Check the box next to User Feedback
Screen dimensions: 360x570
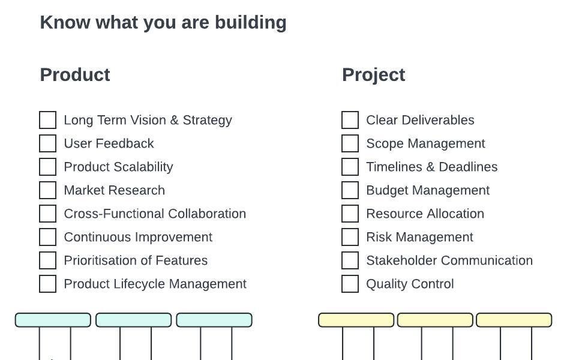[47, 143]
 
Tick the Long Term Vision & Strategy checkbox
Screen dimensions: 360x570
[47, 120]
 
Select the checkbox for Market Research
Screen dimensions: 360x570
[47, 190]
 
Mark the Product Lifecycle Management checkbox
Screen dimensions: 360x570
[47, 284]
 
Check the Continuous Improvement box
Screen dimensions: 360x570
[47, 237]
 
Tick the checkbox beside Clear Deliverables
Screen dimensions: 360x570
[350, 120]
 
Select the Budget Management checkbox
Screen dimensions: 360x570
[350, 190]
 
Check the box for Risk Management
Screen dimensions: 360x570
[350, 237]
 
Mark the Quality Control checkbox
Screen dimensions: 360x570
[350, 284]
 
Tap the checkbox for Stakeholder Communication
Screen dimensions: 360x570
[350, 260]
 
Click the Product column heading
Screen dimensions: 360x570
[75, 75]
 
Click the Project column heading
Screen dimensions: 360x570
[373, 75]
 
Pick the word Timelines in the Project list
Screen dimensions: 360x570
[393, 167]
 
